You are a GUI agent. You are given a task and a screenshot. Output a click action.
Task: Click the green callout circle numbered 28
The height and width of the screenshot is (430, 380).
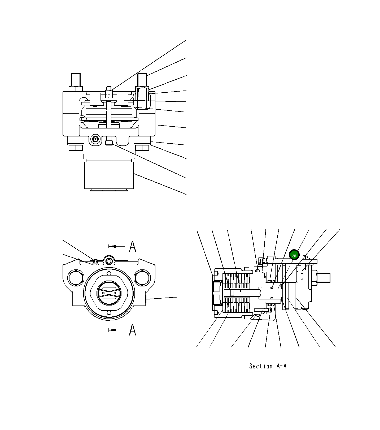coord(294,255)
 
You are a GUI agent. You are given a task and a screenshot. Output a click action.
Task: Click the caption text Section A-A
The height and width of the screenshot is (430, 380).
coord(268,366)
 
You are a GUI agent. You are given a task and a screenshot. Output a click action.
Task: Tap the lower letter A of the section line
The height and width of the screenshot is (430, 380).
coord(133,330)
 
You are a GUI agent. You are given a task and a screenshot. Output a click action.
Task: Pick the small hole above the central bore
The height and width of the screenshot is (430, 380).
coord(109,274)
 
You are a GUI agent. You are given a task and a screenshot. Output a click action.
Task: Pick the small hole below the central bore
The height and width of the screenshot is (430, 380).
coord(109,313)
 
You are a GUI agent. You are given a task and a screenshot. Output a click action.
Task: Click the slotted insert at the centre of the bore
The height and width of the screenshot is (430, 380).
coord(109,293)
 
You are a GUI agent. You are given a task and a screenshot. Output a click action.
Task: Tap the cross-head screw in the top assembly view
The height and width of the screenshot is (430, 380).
coord(95,139)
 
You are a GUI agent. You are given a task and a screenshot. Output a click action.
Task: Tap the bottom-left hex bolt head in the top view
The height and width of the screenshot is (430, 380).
coord(76,147)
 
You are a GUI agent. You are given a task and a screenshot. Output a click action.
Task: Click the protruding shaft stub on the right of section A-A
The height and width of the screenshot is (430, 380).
coord(323,278)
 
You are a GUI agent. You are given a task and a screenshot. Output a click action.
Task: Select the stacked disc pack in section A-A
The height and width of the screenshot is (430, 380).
coord(237,293)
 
